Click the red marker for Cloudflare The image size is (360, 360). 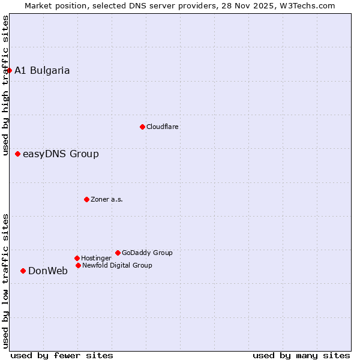coord(142,127)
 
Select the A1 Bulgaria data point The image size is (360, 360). coord(9,70)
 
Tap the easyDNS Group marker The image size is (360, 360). coord(17,154)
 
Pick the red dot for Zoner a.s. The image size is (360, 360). coord(86,199)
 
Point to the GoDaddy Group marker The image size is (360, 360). coord(118,253)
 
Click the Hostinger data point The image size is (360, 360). coord(77,258)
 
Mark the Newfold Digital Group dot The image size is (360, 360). coord(78,265)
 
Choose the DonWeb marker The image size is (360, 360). coord(23,271)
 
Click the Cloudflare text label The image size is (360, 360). coord(162,127)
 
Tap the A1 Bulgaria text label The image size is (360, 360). coord(42,70)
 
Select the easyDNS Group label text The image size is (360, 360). coord(61,154)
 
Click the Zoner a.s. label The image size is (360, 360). coord(107,199)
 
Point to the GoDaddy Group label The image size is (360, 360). coord(147,253)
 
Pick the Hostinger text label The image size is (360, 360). coord(96,258)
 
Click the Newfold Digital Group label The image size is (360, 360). coord(117,265)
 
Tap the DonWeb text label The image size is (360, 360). coord(48,271)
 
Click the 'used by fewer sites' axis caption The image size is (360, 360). coord(62,355)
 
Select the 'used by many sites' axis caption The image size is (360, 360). coord(301,355)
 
